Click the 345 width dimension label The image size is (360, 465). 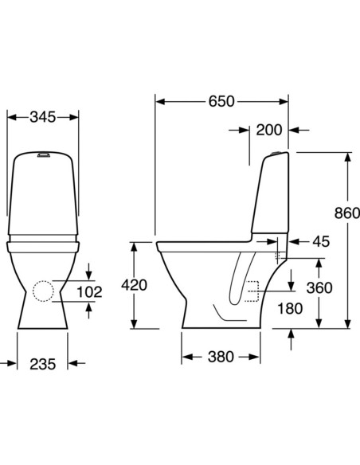pos(42,117)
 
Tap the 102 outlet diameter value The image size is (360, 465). pos(91,292)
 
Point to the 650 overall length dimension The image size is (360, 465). pos(221,102)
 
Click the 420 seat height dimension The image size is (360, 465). pos(134,284)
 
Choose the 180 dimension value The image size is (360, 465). pos(290,308)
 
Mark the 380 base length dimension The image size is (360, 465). pos(221,357)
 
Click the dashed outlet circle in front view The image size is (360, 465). pos(47,292)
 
